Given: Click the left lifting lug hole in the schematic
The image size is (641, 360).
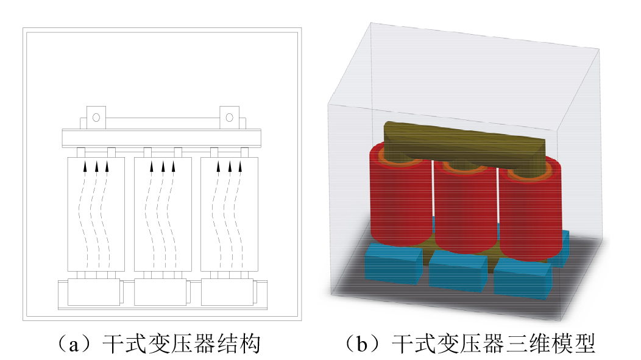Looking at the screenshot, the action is pos(96,118).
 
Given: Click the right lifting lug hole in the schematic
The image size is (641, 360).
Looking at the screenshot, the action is pos(229,118).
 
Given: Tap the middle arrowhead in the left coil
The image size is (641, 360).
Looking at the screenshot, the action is pos(96,166).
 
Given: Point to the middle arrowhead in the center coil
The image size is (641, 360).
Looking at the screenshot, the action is pos(163,166).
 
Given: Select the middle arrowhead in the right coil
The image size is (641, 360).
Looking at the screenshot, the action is pos(229,166).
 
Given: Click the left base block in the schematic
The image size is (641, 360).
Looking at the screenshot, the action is pos(94,292).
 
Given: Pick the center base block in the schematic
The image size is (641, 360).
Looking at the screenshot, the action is pos(161,292).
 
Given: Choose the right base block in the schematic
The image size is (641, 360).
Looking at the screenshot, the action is pos(227,292).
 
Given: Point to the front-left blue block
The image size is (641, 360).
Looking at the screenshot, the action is pos(394,263).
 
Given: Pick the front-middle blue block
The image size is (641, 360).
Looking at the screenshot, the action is pos(458,270).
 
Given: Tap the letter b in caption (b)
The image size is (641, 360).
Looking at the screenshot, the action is pos(362,344).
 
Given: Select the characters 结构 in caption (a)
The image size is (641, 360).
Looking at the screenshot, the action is pos(238,344).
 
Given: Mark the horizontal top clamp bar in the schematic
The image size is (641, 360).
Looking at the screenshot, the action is pos(161,138).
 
